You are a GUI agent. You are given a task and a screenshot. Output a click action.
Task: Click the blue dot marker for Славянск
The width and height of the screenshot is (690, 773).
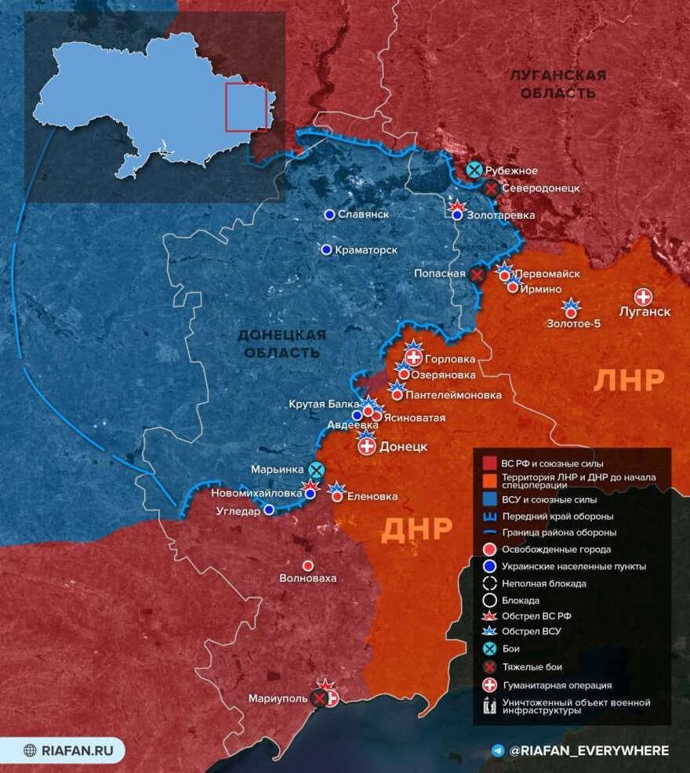(x=329, y=214)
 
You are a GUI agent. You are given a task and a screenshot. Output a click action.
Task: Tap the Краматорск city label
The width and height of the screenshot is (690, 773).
(x=365, y=249)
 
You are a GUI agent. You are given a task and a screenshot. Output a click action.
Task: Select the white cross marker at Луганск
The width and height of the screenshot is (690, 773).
(x=643, y=296)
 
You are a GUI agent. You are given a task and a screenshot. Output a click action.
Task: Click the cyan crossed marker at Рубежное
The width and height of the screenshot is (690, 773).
(x=474, y=170)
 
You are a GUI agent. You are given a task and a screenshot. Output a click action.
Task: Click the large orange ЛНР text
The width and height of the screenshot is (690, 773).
(x=629, y=380)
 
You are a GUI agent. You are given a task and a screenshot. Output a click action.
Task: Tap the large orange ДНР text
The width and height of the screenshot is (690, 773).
(x=417, y=530)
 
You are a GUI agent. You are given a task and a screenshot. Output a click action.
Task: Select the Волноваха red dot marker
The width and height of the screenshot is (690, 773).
(x=308, y=565)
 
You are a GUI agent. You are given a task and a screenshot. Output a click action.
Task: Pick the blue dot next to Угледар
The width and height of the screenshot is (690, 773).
(x=269, y=510)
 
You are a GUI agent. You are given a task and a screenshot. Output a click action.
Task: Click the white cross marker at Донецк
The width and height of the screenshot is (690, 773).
(x=366, y=447)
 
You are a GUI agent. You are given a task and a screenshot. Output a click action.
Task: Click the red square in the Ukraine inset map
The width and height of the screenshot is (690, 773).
(x=246, y=107)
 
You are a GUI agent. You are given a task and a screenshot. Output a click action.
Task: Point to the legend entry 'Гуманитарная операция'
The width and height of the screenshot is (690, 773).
(x=557, y=685)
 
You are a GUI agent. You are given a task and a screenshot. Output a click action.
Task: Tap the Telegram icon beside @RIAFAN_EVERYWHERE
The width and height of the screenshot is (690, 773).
(x=497, y=750)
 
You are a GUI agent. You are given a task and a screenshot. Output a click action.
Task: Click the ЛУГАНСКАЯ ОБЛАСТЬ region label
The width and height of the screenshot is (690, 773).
(x=557, y=84)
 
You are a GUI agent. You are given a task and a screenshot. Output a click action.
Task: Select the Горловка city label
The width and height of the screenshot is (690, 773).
(x=453, y=360)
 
